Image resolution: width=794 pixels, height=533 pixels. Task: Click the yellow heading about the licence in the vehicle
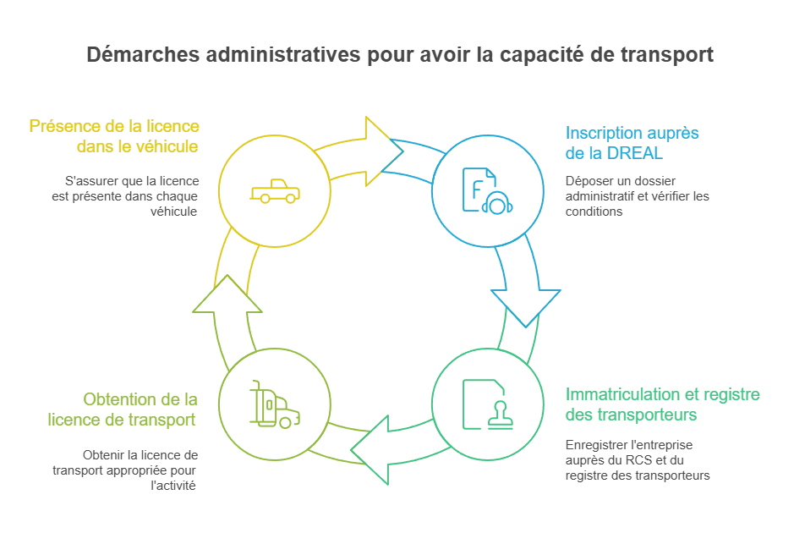tap(116, 135)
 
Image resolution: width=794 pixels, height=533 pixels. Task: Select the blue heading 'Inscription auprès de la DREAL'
tap(624, 144)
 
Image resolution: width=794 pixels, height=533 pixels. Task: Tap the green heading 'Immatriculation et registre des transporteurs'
tap(664, 405)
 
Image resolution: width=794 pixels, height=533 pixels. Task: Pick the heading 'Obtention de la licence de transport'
tap(140, 409)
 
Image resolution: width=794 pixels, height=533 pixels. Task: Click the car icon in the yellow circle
tap(272, 194)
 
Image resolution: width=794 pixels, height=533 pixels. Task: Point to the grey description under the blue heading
tap(634, 194)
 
